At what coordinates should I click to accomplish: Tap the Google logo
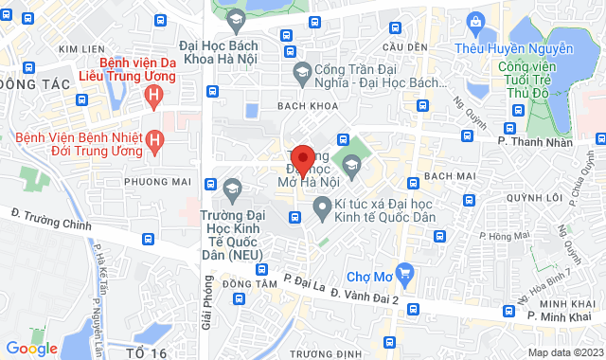[31, 348]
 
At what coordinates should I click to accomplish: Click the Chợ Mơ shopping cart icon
[405, 274]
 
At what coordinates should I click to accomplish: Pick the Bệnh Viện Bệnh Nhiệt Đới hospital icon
[156, 142]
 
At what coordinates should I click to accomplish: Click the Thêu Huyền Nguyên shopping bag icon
[474, 22]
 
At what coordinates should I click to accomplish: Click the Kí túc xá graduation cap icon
[322, 204]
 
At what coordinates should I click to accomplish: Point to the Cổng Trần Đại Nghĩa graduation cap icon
[302, 70]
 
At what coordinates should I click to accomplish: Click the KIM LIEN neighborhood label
[80, 48]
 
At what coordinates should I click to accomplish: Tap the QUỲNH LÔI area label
[529, 198]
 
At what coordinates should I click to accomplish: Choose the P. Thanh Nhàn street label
[535, 141]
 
